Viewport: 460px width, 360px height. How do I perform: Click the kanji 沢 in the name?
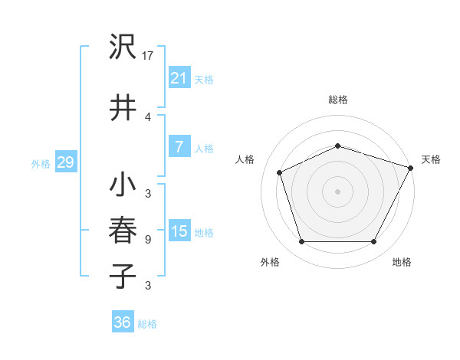pos(123,47)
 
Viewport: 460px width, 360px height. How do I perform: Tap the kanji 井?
pos(123,107)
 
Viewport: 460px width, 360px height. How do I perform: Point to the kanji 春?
pos(123,231)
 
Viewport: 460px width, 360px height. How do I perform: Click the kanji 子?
pos(123,276)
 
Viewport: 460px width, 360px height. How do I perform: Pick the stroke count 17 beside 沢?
pos(149,56)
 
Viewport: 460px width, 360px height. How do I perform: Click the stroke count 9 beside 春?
pos(147,240)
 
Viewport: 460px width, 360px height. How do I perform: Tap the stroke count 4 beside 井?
pos(147,116)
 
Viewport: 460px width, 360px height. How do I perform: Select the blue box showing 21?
pos(179,78)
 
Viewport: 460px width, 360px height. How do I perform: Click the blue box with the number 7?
pos(179,147)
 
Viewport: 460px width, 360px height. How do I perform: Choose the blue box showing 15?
pos(179,231)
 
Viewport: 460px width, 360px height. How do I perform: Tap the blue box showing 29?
pos(65,162)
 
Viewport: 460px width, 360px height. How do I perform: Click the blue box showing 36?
pos(122,322)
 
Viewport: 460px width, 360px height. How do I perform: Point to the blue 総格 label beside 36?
pos(147,324)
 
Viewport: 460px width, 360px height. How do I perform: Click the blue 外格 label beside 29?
pos(41,164)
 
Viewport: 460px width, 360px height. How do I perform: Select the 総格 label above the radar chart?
pos(337,100)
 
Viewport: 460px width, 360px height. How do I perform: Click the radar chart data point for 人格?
pos(280,172)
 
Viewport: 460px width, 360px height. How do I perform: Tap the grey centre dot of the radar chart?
pos(337,191)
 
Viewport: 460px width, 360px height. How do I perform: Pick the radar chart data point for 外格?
pos(301,242)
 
